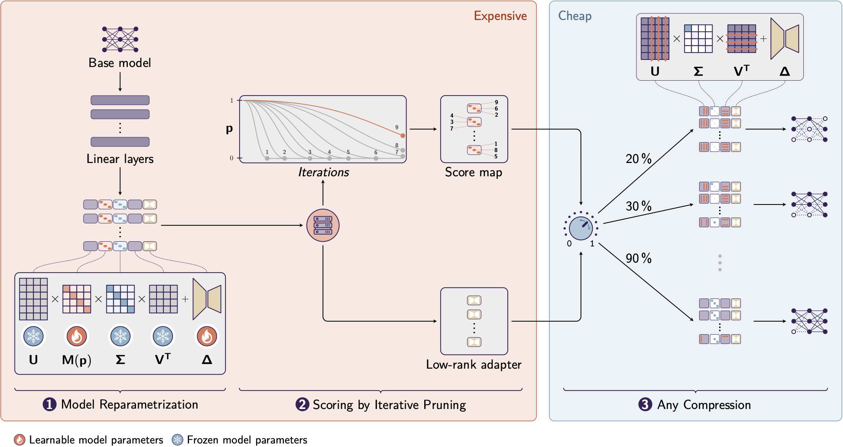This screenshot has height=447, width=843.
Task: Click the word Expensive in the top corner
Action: (x=500, y=16)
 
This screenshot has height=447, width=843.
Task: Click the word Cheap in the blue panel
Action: (x=574, y=16)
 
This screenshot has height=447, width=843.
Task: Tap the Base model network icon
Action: (x=120, y=39)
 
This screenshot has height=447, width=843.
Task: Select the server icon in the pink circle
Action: (x=323, y=225)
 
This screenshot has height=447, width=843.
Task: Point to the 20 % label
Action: (x=638, y=159)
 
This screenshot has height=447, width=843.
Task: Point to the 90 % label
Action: (x=638, y=258)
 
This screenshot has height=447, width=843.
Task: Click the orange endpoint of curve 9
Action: (x=403, y=136)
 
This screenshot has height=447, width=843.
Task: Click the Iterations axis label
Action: (x=323, y=172)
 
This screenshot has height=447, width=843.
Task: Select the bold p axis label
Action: (x=229, y=128)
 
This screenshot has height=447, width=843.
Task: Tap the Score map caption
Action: (x=473, y=172)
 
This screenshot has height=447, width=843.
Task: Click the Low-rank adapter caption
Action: (x=474, y=364)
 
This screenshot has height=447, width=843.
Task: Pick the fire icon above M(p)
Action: (x=77, y=336)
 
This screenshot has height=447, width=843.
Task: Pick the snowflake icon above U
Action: (x=33, y=336)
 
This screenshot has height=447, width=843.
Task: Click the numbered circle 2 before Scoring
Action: (x=302, y=404)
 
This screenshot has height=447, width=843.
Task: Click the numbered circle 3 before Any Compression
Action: (x=645, y=404)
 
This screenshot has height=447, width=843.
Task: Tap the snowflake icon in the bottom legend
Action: (x=178, y=440)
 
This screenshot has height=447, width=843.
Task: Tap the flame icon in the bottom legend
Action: (x=20, y=440)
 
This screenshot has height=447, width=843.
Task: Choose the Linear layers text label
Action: (x=120, y=159)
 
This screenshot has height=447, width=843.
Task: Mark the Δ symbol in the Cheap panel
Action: (x=785, y=71)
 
